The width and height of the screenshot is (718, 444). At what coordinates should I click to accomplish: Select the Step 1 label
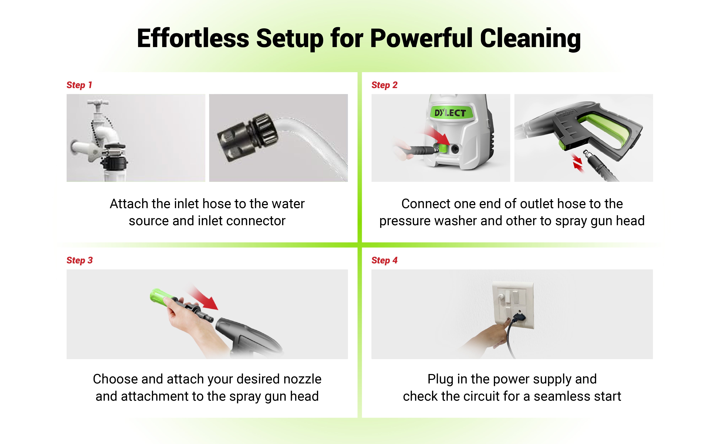pos(79,85)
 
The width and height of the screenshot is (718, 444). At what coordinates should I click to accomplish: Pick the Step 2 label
pos(384,85)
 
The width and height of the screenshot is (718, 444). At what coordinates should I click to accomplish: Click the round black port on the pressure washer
pos(455,149)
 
